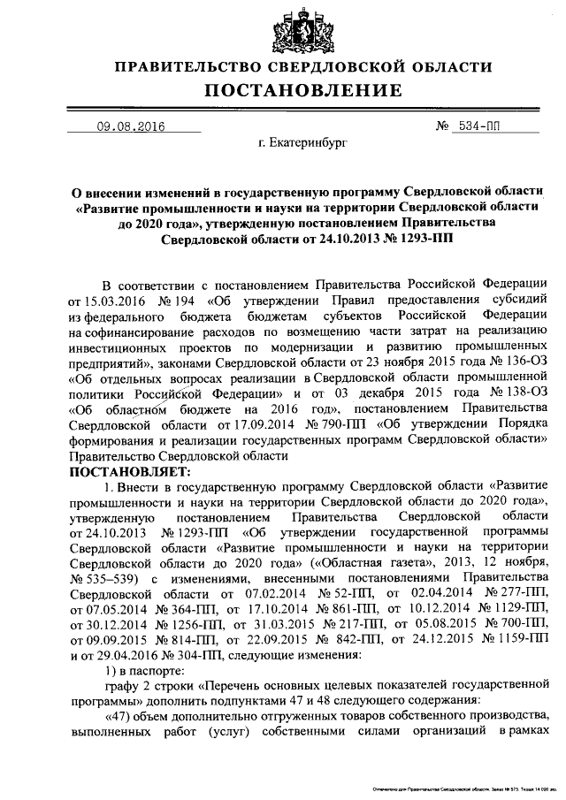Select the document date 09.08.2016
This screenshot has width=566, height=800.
click(x=130, y=126)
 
